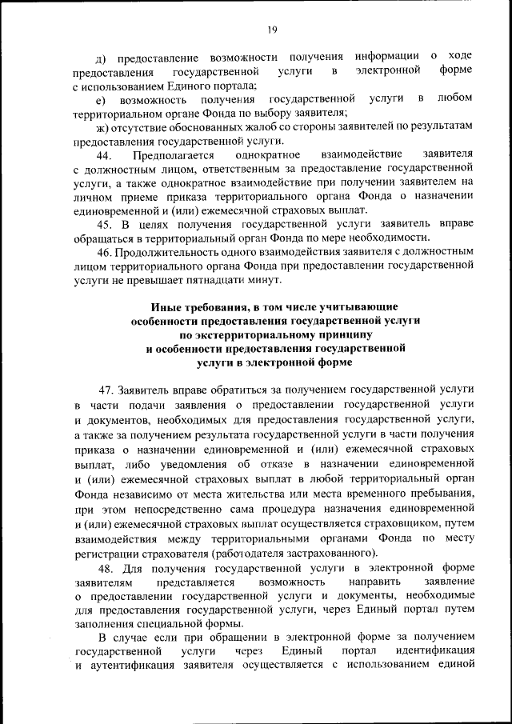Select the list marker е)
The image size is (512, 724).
(x=102, y=99)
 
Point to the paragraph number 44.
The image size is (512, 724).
(x=105, y=154)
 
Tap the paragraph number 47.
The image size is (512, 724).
(x=107, y=390)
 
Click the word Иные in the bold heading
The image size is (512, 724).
(x=167, y=306)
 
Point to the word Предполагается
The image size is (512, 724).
(x=171, y=154)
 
